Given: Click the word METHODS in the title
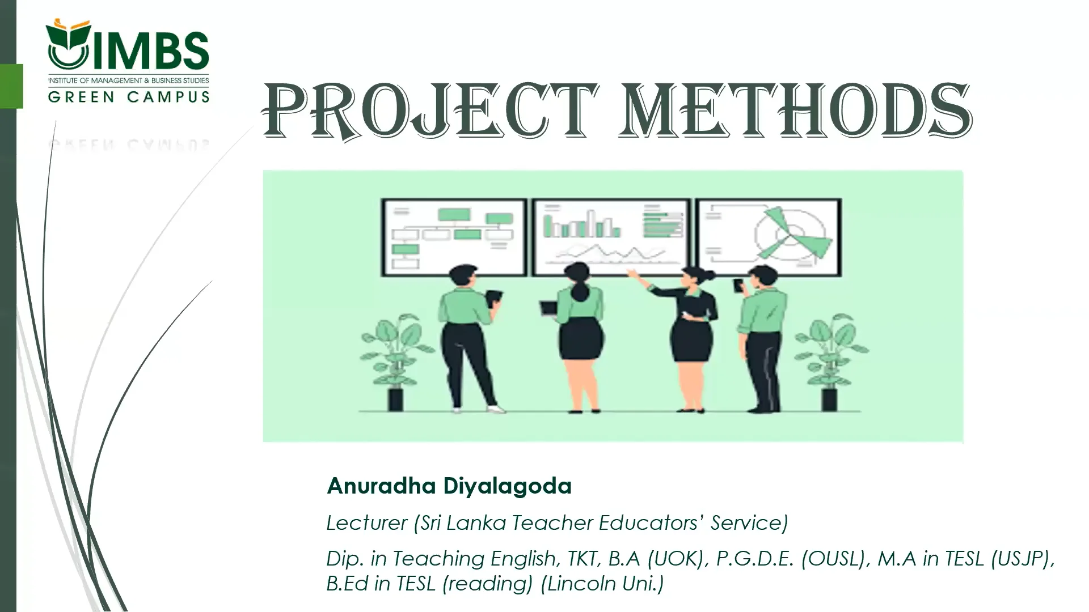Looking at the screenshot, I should pyautogui.click(x=794, y=111).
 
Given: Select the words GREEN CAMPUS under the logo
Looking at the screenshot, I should pyautogui.click(x=129, y=97).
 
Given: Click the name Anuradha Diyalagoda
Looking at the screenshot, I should pyautogui.click(x=449, y=486).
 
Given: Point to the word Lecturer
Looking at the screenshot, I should pyautogui.click(x=366, y=522).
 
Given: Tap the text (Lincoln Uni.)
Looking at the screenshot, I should pyautogui.click(x=602, y=583).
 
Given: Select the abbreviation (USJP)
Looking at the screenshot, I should pyautogui.click(x=1022, y=559).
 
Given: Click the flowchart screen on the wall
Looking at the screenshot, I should pyautogui.click(x=454, y=237).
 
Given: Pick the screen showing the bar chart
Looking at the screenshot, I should pyautogui.click(x=611, y=237).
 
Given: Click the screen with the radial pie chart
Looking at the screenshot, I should pyautogui.click(x=769, y=237).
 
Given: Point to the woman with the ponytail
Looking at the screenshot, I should pyautogui.click(x=579, y=334).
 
